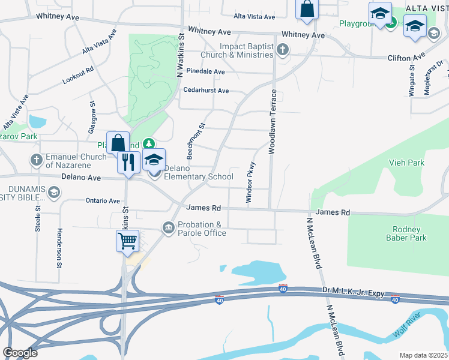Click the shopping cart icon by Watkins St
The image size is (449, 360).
[x=127, y=241]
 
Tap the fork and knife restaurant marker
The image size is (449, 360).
[x=128, y=162]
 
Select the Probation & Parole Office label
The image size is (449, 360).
[x=201, y=229]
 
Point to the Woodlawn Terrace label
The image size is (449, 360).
[x=272, y=122]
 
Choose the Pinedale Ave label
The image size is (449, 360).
[x=205, y=71]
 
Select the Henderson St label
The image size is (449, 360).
[x=59, y=248]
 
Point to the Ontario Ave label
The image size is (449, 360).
[x=103, y=201]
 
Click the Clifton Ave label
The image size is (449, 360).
[x=406, y=58]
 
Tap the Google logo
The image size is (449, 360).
[x=20, y=353]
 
